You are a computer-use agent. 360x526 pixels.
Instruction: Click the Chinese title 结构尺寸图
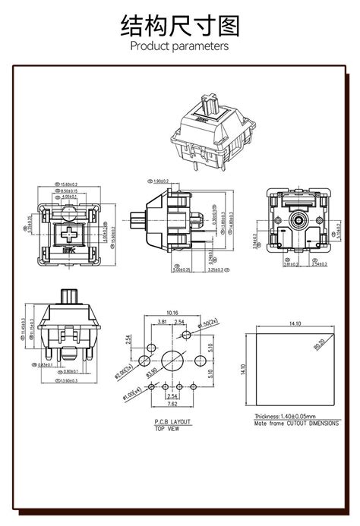[180, 27]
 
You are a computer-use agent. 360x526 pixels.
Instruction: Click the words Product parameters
[180, 47]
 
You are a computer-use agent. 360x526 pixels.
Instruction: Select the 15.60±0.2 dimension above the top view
[69, 184]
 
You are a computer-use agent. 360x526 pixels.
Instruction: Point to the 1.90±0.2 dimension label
[161, 182]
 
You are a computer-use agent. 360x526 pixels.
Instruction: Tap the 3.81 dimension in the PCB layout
[162, 321]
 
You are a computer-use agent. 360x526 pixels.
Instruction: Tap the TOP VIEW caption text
[167, 428]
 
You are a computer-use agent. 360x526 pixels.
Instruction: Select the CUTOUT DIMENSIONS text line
[296, 424]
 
